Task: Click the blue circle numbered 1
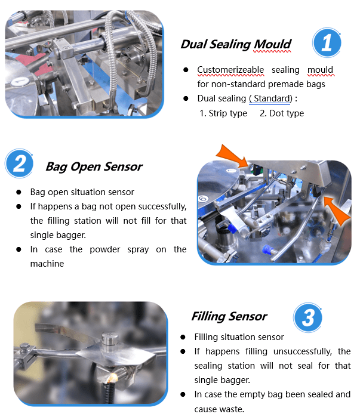tap(327, 42)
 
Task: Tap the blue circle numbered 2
tap(19, 163)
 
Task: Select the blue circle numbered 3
tap(307, 317)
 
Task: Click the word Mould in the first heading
tap(272, 45)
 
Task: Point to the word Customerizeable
tap(230, 70)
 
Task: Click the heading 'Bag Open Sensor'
tap(94, 167)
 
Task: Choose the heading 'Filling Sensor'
tap(229, 316)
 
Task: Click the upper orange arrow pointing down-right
tap(232, 156)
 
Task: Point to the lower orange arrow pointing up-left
tap(337, 210)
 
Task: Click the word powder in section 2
tap(105, 249)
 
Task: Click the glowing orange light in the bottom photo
tap(113, 377)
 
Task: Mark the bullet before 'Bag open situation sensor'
tap(19, 192)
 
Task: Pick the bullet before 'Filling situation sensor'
tap(183, 337)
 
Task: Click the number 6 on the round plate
tap(203, 199)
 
